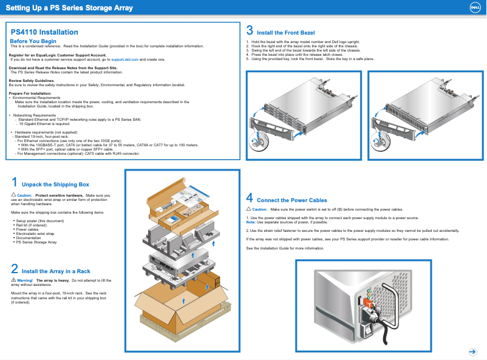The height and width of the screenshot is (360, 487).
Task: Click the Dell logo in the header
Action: (x=475, y=8)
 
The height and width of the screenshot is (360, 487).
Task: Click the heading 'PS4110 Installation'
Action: (x=44, y=32)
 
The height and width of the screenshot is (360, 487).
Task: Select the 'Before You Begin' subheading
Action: (x=37, y=41)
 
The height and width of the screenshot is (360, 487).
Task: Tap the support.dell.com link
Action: (x=125, y=59)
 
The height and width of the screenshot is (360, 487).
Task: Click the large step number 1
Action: (x=15, y=182)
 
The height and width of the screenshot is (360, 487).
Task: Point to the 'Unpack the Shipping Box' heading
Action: (x=55, y=185)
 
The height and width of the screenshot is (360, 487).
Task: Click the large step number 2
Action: (x=15, y=269)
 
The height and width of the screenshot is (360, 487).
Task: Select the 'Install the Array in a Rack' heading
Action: (x=56, y=271)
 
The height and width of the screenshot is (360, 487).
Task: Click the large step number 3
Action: (x=250, y=30)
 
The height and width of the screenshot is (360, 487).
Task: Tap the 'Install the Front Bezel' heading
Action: (x=285, y=33)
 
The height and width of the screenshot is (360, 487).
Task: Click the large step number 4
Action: (x=250, y=197)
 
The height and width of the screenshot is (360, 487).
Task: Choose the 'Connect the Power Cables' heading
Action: (x=292, y=200)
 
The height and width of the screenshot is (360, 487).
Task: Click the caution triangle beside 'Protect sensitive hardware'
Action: (x=13, y=194)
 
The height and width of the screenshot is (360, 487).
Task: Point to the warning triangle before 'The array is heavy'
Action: (x=13, y=280)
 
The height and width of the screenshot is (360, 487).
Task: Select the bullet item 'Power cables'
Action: (x=27, y=229)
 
